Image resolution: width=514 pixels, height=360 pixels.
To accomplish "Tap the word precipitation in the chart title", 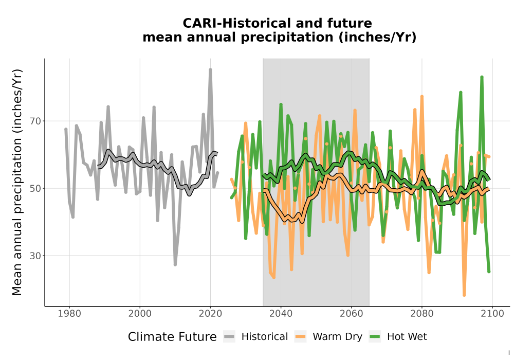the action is pyautogui.click(x=286, y=38).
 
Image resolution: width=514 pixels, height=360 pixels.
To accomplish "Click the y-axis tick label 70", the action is pyautogui.click(x=35, y=121).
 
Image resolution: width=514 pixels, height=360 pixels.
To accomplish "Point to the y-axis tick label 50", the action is pyautogui.click(x=35, y=189).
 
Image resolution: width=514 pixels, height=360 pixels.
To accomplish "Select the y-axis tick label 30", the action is pyautogui.click(x=35, y=256).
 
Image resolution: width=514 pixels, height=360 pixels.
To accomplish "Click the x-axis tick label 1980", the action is pyautogui.click(x=69, y=314).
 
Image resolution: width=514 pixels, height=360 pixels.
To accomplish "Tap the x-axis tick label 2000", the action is pyautogui.click(x=140, y=314).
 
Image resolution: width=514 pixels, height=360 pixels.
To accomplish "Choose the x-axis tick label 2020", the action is pyautogui.click(x=210, y=314).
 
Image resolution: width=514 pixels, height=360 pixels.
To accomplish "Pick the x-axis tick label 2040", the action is pyautogui.click(x=281, y=314).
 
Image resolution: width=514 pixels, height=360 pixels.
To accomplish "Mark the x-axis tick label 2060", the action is pyautogui.click(x=352, y=314).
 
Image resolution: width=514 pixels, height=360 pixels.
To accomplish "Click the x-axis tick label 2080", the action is pyautogui.click(x=422, y=314).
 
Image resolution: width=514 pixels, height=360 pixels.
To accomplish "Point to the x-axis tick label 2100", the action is pyautogui.click(x=492, y=314).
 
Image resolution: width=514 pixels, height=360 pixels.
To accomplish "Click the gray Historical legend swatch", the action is pyautogui.click(x=229, y=337).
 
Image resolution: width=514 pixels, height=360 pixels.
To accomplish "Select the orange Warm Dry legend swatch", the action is pyautogui.click(x=300, y=337).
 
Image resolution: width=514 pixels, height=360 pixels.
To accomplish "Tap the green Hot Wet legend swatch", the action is pyautogui.click(x=375, y=337).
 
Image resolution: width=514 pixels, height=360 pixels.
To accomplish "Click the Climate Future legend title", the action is pyautogui.click(x=172, y=337).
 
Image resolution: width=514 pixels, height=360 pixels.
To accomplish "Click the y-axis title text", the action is pyautogui.click(x=17, y=182).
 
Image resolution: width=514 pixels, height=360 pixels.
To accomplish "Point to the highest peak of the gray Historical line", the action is pyautogui.click(x=210, y=69).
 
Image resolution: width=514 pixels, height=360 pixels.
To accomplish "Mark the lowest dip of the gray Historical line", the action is pyautogui.click(x=175, y=264).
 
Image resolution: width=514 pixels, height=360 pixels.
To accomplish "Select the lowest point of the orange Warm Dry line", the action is pyautogui.click(x=464, y=295).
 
